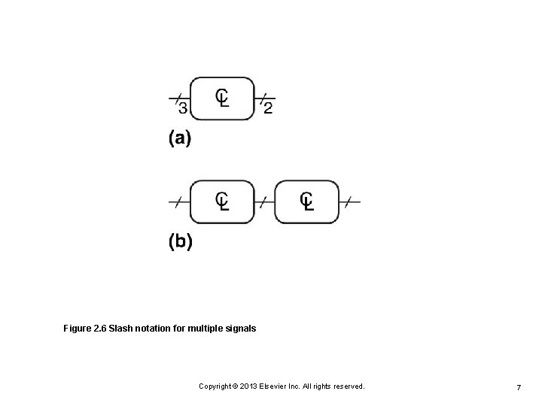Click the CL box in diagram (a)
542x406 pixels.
pyautogui.click(x=222, y=98)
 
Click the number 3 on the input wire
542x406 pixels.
pyautogui.click(x=180, y=108)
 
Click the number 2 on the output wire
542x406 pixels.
pyautogui.click(x=267, y=108)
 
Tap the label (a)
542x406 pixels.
pyautogui.click(x=179, y=138)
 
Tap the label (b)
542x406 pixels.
pyautogui.click(x=180, y=241)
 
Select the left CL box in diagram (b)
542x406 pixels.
pyautogui.click(x=222, y=201)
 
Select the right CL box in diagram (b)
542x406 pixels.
pyautogui.click(x=307, y=201)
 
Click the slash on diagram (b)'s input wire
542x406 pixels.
pyautogui.click(x=178, y=201)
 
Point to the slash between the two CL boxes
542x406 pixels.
pyautogui.click(x=263, y=201)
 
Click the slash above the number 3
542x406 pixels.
pyautogui.click(x=178, y=97)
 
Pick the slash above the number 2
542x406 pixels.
pyautogui.click(x=265, y=97)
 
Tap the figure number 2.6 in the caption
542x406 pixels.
pyautogui.click(x=101, y=329)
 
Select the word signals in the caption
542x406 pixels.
pyautogui.click(x=239, y=329)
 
